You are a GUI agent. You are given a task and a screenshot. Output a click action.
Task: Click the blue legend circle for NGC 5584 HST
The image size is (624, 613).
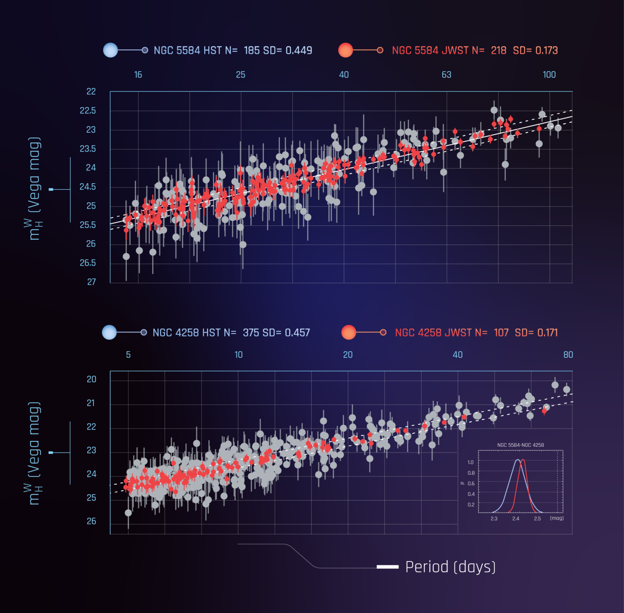click(110, 50)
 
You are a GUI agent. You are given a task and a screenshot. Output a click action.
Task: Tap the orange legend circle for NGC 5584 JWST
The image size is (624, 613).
click(345, 50)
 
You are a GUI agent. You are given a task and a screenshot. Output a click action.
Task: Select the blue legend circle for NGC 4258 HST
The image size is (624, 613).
click(109, 332)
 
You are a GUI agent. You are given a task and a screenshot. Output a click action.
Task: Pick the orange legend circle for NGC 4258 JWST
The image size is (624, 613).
click(349, 332)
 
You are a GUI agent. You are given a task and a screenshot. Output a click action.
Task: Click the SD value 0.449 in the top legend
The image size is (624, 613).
click(299, 50)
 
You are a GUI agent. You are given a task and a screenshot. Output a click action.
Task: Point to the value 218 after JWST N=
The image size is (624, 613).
click(498, 50)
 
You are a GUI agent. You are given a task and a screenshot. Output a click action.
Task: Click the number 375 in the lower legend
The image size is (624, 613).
click(250, 333)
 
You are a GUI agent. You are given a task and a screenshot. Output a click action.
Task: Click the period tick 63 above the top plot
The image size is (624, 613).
click(446, 75)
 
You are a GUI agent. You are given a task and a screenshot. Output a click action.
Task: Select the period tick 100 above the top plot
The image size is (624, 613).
click(549, 75)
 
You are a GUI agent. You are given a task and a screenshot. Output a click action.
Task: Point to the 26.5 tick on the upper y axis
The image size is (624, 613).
click(88, 263)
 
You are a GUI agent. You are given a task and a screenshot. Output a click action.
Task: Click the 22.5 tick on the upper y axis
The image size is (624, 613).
click(88, 110)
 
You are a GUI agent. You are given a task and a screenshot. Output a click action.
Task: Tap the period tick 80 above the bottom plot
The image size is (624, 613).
click(568, 355)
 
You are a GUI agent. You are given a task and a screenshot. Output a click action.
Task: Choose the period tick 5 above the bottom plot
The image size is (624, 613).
click(128, 355)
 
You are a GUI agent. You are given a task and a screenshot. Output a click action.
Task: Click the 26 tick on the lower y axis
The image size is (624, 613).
click(91, 521)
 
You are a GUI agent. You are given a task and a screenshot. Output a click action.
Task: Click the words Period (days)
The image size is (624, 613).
click(450, 567)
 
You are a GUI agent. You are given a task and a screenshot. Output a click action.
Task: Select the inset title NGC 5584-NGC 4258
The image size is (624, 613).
click(520, 445)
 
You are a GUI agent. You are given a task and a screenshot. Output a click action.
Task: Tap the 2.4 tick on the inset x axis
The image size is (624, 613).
click(516, 519)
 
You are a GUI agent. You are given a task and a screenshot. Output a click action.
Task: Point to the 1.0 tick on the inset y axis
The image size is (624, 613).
click(470, 462)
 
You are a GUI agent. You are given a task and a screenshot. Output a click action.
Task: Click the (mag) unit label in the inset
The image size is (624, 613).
click(557, 518)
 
